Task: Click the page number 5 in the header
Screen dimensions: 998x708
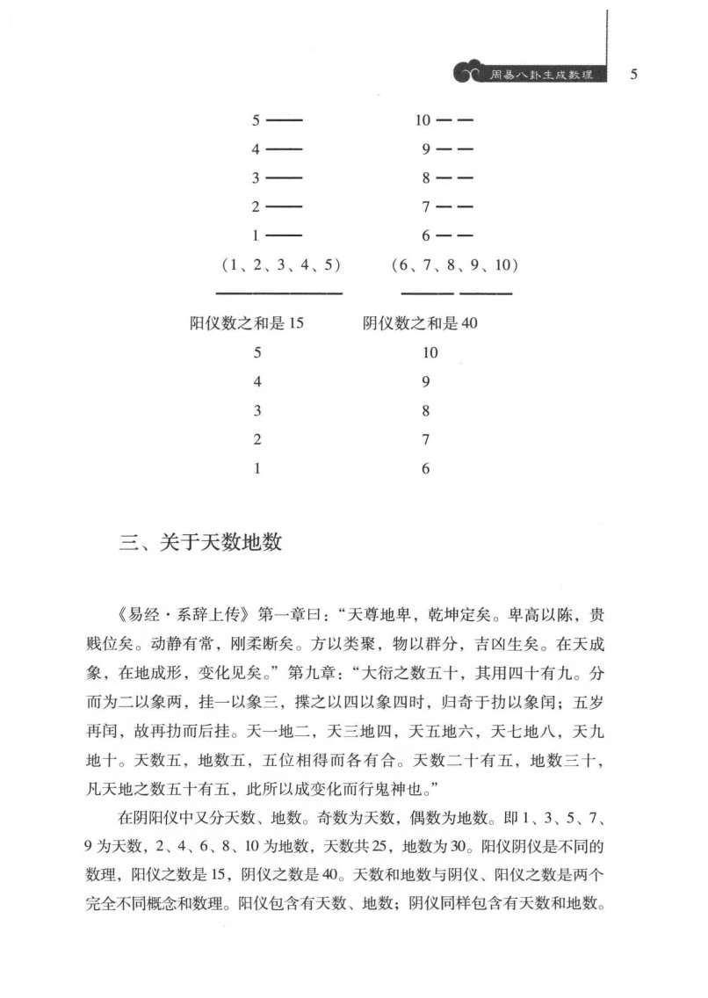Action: pyautogui.click(x=633, y=75)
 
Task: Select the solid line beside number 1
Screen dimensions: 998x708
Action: pyautogui.click(x=284, y=235)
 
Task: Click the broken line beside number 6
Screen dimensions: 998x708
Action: pyautogui.click(x=455, y=235)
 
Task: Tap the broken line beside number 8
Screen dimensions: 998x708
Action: pyautogui.click(x=455, y=178)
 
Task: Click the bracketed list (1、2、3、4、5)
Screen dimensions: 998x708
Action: pyautogui.click(x=279, y=264)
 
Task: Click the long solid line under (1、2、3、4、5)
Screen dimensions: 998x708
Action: pyautogui.click(x=279, y=293)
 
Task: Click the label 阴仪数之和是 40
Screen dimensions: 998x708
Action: pyautogui.click(x=420, y=323)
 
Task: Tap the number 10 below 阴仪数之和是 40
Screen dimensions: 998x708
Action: pyautogui.click(x=429, y=353)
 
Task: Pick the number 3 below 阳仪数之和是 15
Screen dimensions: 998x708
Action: pyautogui.click(x=257, y=411)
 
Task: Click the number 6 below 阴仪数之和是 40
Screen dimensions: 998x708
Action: pyautogui.click(x=426, y=469)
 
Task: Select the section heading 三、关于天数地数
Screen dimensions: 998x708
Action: pyautogui.click(x=200, y=542)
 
